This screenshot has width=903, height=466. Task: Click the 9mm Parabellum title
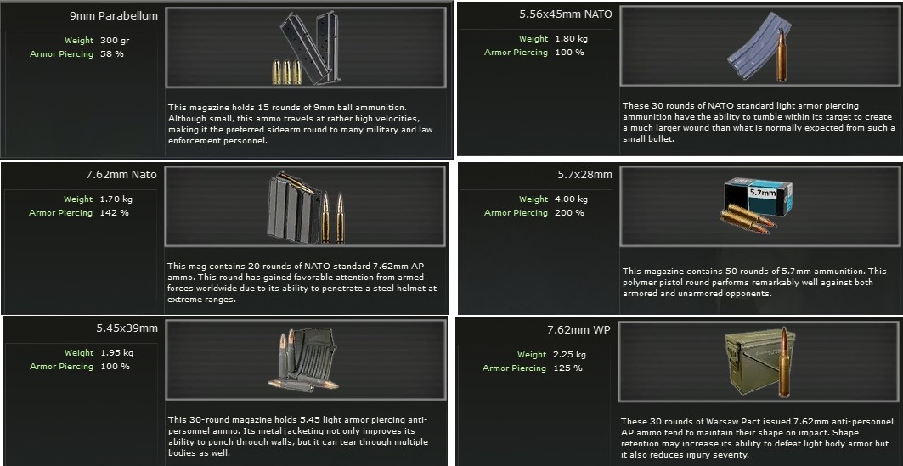click(114, 16)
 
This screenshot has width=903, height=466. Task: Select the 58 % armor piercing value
click(112, 54)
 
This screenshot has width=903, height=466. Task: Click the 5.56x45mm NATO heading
click(566, 14)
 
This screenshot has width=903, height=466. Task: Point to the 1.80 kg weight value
click(572, 39)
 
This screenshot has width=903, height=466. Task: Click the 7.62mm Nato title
click(121, 175)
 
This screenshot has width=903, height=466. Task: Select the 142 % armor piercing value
click(114, 213)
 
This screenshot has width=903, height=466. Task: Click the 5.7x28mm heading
click(584, 174)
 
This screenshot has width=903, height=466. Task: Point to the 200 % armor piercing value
click(569, 213)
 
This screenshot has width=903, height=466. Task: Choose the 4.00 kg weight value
click(572, 199)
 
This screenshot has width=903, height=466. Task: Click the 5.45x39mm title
click(127, 328)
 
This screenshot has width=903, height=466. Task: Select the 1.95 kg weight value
click(116, 353)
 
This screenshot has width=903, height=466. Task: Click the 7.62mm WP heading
click(578, 330)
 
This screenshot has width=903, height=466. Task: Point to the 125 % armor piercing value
click(567, 368)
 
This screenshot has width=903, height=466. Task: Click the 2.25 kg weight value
click(569, 355)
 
